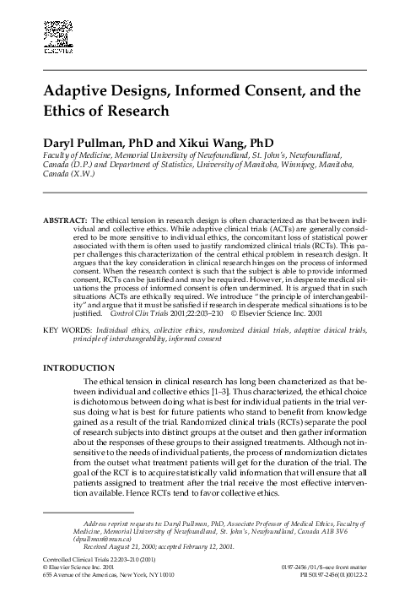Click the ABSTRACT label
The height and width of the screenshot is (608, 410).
tap(63, 219)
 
